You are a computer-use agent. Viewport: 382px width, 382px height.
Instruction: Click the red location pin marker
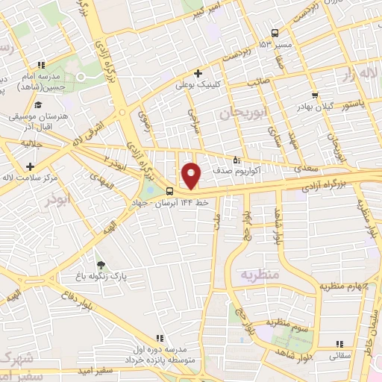[192, 175]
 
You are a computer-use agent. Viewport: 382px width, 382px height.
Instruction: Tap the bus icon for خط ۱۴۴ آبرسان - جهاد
[169, 191]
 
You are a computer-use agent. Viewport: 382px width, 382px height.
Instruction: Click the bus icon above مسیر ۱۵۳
[275, 33]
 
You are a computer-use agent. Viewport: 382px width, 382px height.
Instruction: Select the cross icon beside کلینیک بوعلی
[198, 73]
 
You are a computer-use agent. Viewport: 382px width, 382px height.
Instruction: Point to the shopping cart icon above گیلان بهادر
[316, 95]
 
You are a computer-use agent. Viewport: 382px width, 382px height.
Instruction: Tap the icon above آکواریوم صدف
[237, 159]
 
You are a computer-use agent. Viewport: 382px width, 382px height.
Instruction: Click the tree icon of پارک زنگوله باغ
[101, 264]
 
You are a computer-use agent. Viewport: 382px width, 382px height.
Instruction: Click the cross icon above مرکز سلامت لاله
[29, 166]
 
